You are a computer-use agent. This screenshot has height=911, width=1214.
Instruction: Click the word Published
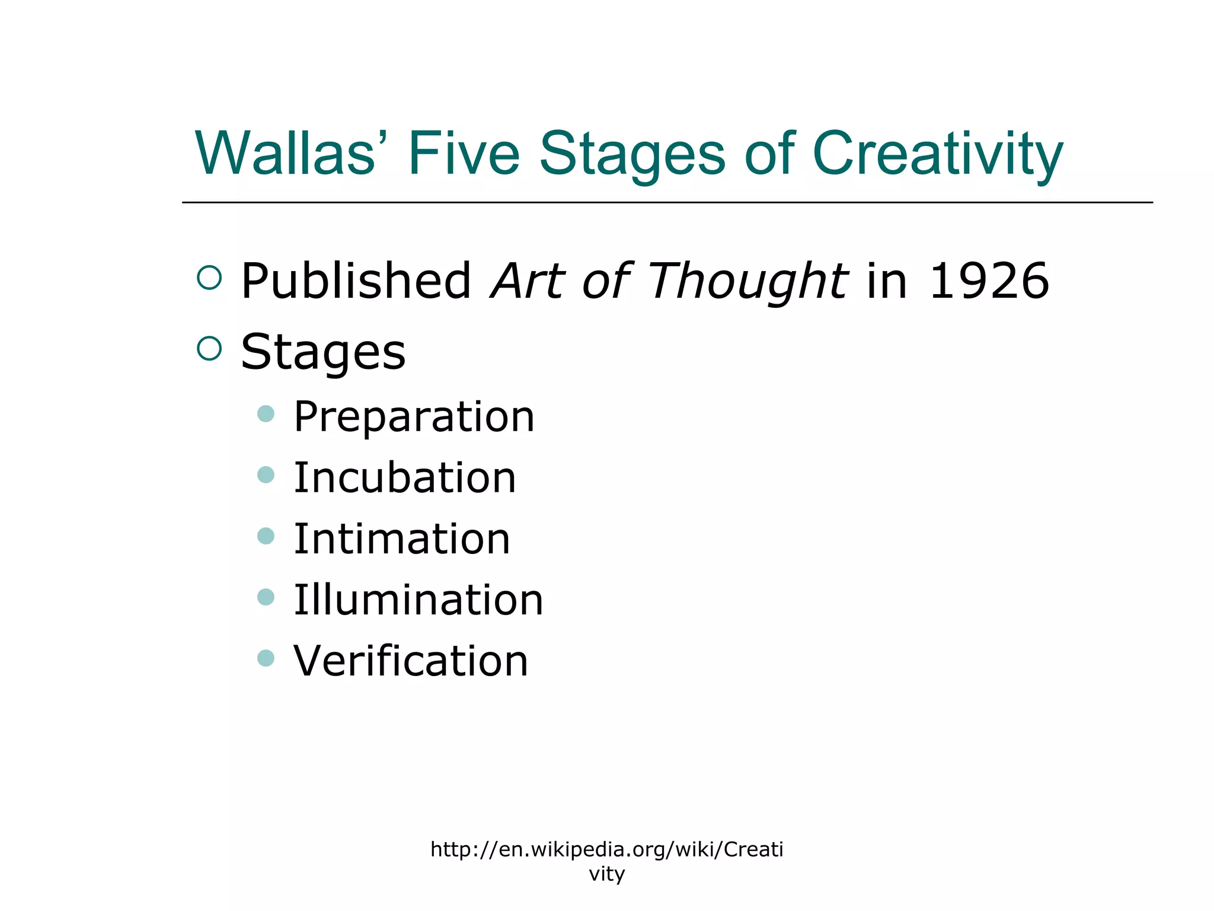356,281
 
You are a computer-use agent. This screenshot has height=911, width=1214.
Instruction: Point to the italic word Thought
748,281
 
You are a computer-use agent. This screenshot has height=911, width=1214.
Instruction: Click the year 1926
989,281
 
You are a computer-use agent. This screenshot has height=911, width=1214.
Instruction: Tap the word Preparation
414,416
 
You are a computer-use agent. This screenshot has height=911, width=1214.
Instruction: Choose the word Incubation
405,477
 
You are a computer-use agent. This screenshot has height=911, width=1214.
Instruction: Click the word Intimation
402,539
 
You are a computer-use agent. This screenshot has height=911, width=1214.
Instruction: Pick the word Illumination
418,600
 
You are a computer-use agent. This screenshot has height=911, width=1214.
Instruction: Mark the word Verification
411,661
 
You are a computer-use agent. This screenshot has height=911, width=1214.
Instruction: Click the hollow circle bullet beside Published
209,278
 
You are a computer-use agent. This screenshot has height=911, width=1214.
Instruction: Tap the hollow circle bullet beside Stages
209,348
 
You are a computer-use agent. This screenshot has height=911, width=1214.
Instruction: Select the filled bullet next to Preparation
266,413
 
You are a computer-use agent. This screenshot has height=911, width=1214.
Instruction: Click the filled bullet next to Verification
266,658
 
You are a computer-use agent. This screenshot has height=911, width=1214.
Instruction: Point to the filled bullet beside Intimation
266,536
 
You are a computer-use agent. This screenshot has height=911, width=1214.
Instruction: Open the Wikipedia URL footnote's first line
606,849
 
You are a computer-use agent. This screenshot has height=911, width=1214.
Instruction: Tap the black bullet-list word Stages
323,352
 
